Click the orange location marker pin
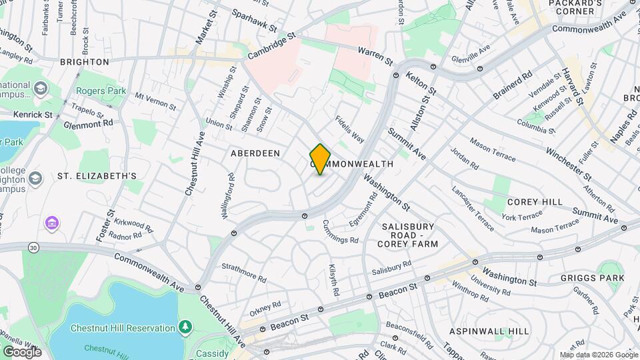[x=321, y=159]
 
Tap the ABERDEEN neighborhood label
[x=255, y=153]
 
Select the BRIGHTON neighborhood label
[x=84, y=62]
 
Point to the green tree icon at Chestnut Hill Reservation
[x=185, y=327]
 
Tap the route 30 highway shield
[x=33, y=247]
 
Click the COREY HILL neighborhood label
[x=535, y=202]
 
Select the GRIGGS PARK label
[x=592, y=278]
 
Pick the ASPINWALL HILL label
[x=489, y=331]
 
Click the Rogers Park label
[x=97, y=91]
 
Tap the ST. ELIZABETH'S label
[x=97, y=176]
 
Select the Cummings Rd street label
[x=340, y=231]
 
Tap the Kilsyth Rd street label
[x=333, y=280]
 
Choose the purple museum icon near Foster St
[x=51, y=221]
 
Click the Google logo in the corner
[x=22, y=352]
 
